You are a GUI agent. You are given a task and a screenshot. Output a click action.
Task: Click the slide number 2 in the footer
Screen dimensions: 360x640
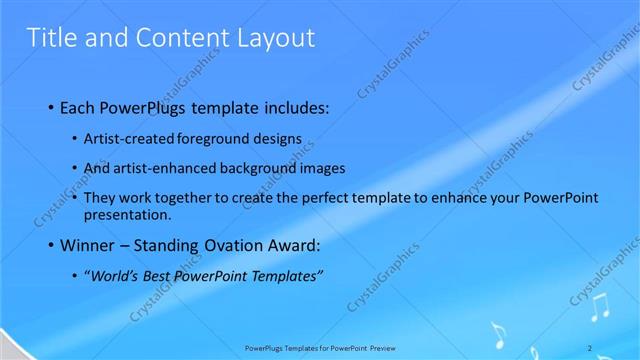point(591,347)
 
